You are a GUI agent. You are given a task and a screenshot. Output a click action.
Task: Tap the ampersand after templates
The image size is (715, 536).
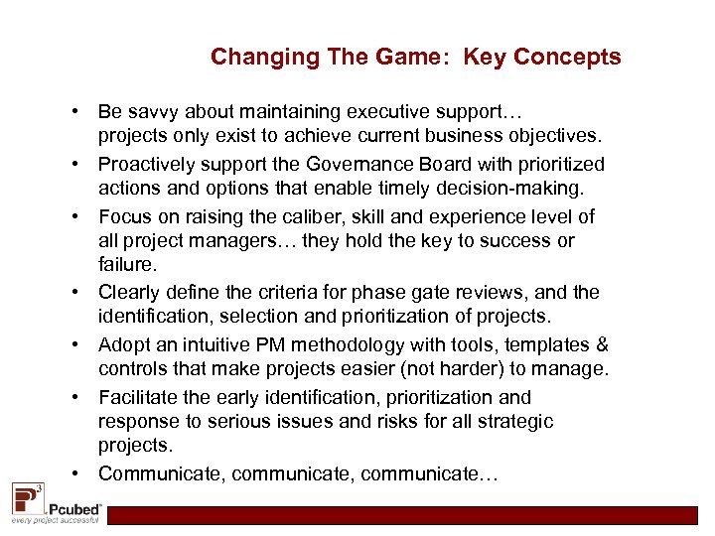(x=601, y=345)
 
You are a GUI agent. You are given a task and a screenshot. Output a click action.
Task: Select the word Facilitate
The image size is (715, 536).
(x=138, y=398)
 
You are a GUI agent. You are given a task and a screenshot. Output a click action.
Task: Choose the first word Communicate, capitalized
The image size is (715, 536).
(x=162, y=474)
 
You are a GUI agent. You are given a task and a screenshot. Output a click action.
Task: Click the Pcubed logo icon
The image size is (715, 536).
(x=27, y=497)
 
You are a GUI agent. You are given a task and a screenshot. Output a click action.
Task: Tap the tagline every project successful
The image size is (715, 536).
(x=55, y=520)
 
